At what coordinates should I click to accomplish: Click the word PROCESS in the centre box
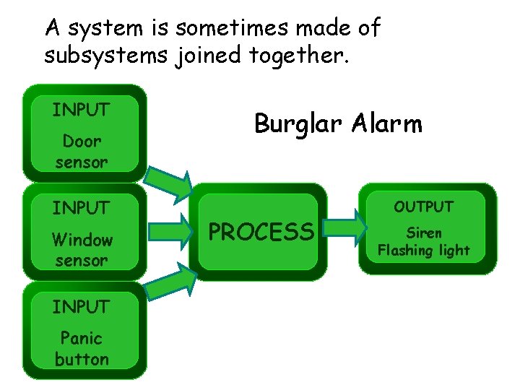coord(261,232)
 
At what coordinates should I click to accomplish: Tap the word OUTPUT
coord(423,207)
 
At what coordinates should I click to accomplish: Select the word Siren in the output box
coord(424,233)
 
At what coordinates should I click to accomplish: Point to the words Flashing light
coord(424,251)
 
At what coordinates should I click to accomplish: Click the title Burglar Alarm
coord(337,124)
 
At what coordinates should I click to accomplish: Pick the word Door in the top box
coord(82,141)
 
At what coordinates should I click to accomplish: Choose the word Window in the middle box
coord(82,240)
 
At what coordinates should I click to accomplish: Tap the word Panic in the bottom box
coord(82,338)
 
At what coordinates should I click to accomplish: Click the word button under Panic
coord(82,359)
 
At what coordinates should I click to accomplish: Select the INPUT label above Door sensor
coord(81,110)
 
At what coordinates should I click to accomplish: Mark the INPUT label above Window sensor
coord(81,208)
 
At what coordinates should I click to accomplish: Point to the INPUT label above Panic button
coord(81,307)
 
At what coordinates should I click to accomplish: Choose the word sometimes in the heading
coord(229,29)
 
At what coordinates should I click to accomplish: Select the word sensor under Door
coord(82,162)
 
